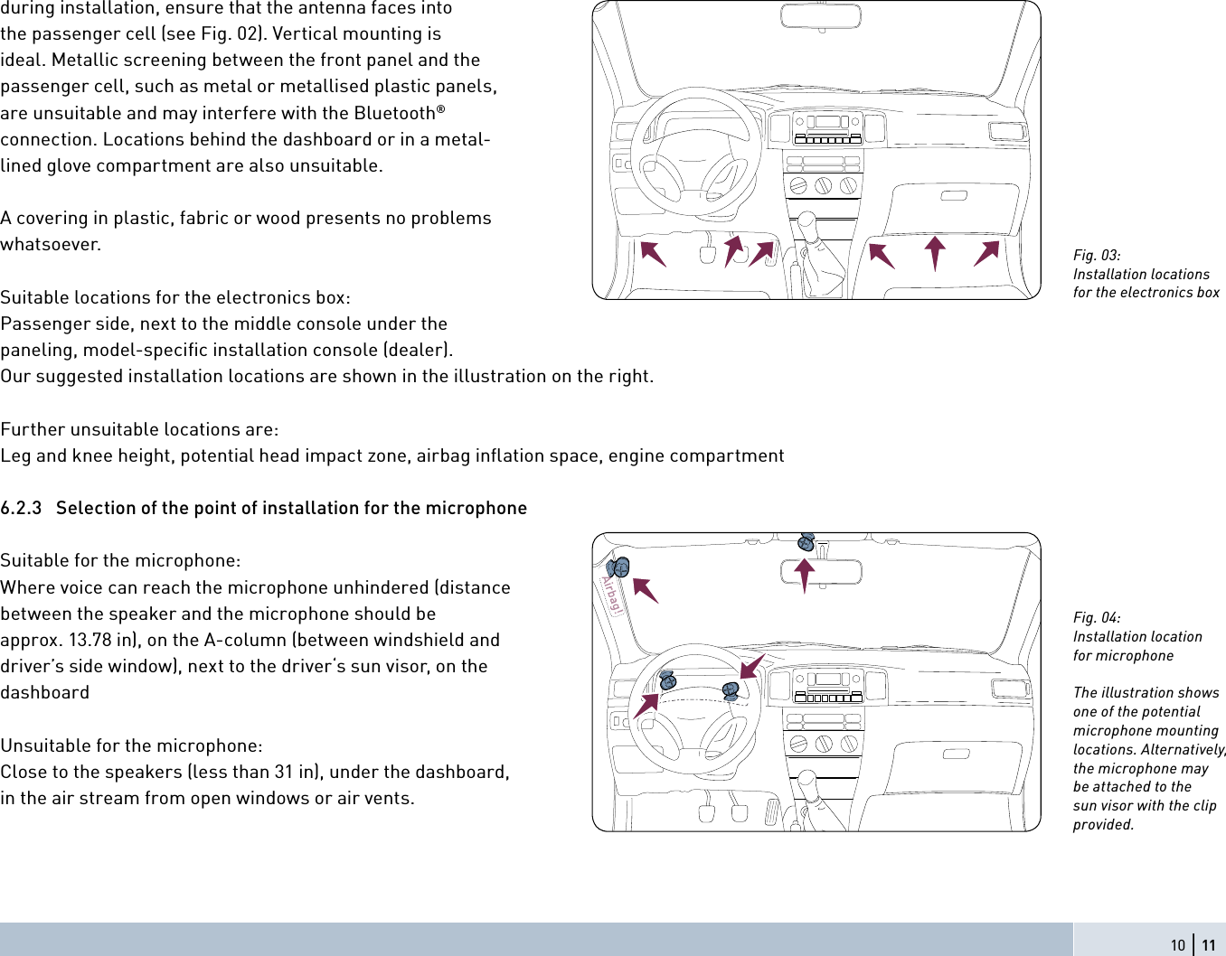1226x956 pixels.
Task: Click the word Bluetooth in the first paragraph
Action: [x=394, y=114]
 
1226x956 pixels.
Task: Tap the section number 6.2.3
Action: [x=21, y=509]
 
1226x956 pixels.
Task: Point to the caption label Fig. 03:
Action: [x=1097, y=256]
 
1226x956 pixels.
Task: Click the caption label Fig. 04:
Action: [x=1097, y=618]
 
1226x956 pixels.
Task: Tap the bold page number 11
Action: [x=1208, y=945]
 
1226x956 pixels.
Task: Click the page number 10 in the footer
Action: [x=1177, y=945]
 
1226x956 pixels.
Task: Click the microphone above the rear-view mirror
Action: [x=806, y=542]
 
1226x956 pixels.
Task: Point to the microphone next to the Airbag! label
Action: [x=618, y=567]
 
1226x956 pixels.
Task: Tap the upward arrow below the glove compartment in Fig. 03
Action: [x=935, y=252]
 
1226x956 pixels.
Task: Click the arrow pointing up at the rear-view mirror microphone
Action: [x=805, y=575]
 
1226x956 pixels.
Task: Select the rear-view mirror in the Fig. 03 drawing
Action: [x=821, y=15]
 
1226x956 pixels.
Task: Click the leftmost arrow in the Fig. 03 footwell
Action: [x=653, y=253]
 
